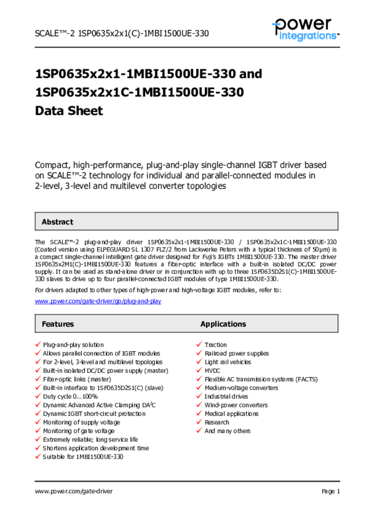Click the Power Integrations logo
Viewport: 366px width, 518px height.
(x=305, y=29)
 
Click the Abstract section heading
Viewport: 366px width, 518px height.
(x=57, y=222)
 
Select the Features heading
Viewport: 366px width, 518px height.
(x=58, y=324)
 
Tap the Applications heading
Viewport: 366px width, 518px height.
(x=223, y=324)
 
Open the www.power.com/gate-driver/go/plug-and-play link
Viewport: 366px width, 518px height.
(x=98, y=301)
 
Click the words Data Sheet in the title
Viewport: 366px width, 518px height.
(x=69, y=111)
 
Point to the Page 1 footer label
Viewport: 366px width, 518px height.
(x=331, y=491)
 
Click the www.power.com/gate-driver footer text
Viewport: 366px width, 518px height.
(x=74, y=491)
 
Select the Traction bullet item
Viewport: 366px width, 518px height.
(x=215, y=345)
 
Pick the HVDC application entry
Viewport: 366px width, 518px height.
(x=212, y=371)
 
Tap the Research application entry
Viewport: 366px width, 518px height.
(x=217, y=422)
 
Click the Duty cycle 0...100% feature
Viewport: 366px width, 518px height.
(x=70, y=397)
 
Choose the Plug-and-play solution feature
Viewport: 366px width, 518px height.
(x=73, y=345)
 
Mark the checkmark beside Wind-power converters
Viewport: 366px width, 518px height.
(x=199, y=405)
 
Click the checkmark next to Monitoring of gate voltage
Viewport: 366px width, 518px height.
(x=37, y=431)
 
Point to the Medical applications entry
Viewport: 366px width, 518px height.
(x=231, y=414)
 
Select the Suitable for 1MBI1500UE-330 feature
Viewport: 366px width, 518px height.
(x=83, y=457)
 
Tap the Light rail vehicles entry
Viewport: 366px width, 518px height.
(x=227, y=362)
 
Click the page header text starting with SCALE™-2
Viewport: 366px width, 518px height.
(x=122, y=33)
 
